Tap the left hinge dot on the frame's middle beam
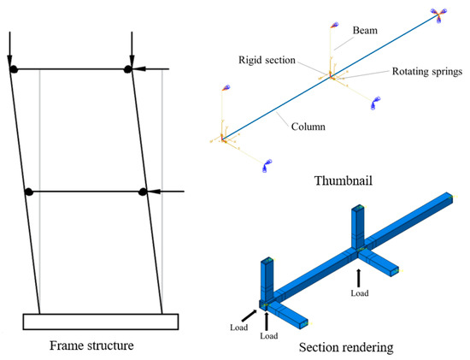[28, 191]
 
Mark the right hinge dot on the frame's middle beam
[144, 191]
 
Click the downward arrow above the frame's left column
[9, 47]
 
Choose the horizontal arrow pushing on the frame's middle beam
[167, 191]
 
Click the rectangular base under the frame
[100, 322]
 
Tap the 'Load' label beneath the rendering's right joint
[359, 292]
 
